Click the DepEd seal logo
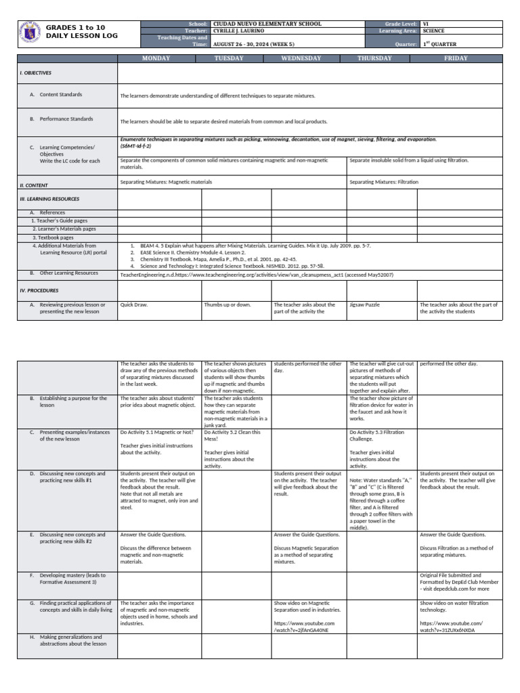(x=29, y=35)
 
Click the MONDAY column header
(x=156, y=59)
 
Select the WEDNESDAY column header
(x=301, y=59)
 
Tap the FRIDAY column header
(x=456, y=59)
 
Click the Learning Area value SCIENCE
(x=433, y=31)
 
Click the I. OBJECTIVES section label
(x=36, y=72)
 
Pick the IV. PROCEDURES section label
(x=39, y=290)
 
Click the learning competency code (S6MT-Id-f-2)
(x=135, y=146)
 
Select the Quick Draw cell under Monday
(x=133, y=305)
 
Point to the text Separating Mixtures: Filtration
(x=384, y=182)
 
